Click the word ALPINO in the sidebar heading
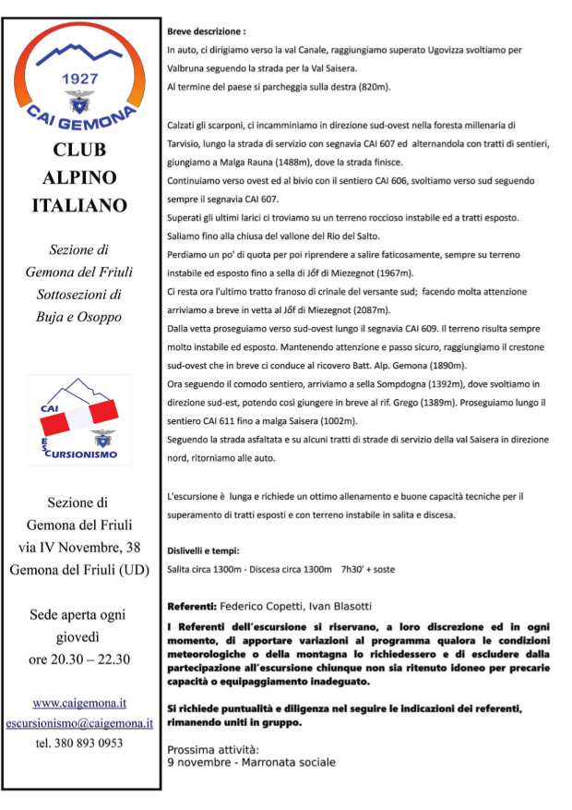(x=77, y=176)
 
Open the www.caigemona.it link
(x=79, y=702)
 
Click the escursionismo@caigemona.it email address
(x=79, y=722)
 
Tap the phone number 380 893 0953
(x=79, y=743)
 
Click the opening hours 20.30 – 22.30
(x=78, y=659)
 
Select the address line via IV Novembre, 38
(x=79, y=548)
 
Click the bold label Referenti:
(x=192, y=606)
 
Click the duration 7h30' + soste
(x=368, y=569)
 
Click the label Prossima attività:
(x=213, y=749)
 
